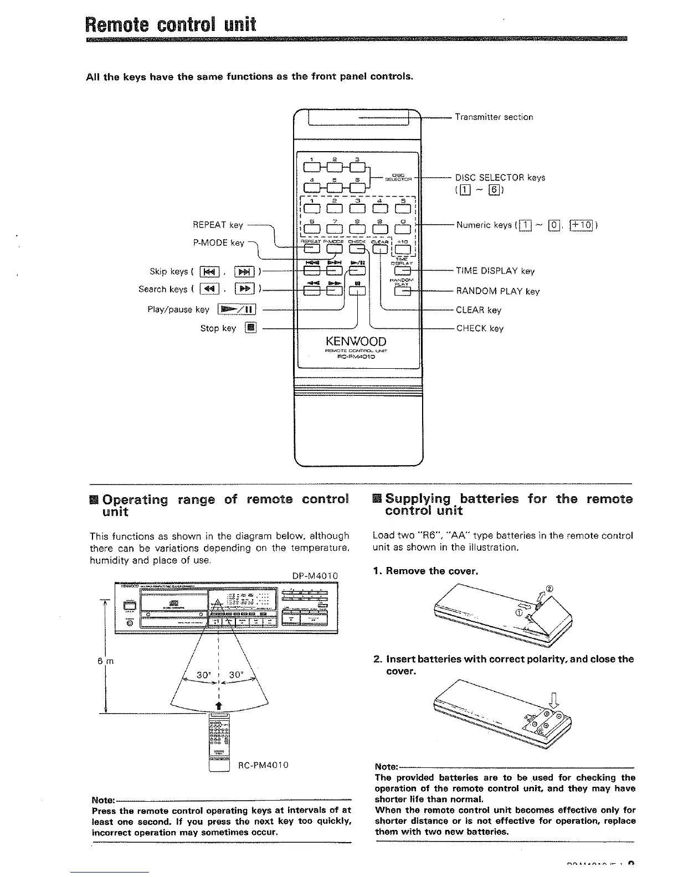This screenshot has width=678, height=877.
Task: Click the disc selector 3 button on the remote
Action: click(x=359, y=166)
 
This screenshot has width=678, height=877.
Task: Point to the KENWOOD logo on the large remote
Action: click(x=357, y=342)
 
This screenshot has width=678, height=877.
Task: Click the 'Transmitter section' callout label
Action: click(x=494, y=117)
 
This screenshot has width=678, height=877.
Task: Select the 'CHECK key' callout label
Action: click(x=480, y=329)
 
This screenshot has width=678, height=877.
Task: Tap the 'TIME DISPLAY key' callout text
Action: click(x=495, y=271)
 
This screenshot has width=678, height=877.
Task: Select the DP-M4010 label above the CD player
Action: click(x=315, y=576)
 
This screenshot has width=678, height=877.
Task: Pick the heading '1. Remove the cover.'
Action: click(x=425, y=571)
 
